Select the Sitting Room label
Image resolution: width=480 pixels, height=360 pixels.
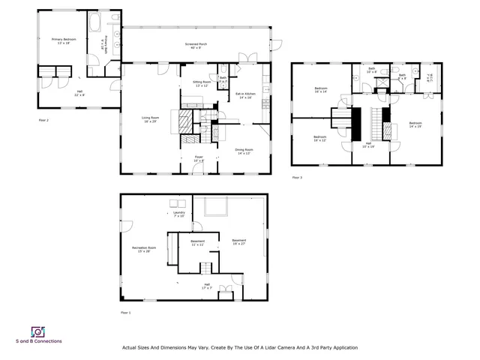[202, 83]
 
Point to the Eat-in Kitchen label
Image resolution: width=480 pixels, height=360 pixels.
[246, 94]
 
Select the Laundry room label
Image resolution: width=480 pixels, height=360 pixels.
[178, 214]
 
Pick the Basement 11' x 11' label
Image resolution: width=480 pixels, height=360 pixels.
[198, 242]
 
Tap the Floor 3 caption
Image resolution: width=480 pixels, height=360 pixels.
[298, 178]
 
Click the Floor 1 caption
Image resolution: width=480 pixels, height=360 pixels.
[125, 312]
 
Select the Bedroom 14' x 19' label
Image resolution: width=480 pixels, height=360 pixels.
[415, 124]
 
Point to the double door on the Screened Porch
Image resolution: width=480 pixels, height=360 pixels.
[247, 57]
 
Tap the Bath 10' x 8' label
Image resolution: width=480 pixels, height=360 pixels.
[370, 70]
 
